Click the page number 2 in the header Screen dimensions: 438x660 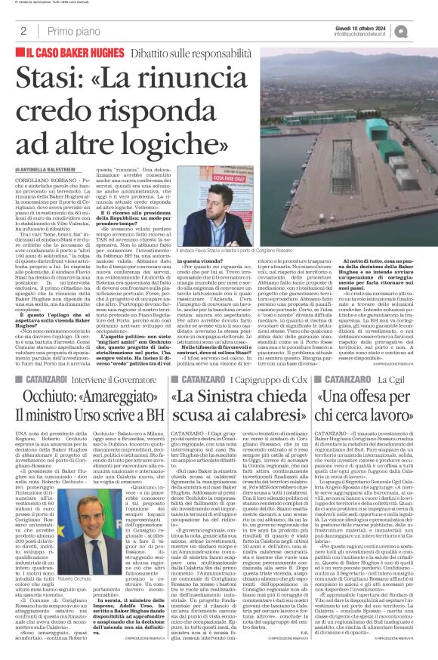coord(23,32)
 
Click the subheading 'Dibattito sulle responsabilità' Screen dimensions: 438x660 coord(184,54)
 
